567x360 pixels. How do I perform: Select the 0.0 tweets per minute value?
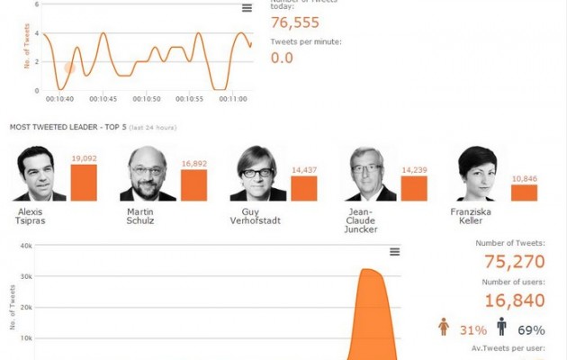point(283,58)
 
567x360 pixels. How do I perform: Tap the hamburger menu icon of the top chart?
point(247,8)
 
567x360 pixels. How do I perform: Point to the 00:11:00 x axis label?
point(233,99)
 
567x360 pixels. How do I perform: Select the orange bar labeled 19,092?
point(84,183)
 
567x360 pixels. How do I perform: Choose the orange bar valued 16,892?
point(193,185)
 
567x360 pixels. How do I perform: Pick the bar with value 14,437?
point(304,188)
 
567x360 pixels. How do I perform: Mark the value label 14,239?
point(414,169)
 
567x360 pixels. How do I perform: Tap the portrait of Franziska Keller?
point(477,174)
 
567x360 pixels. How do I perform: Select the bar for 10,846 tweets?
point(524,192)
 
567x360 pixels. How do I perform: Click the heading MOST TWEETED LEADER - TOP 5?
point(67,128)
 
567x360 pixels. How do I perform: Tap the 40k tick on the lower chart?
point(27,246)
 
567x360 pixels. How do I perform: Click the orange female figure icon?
point(443,328)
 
